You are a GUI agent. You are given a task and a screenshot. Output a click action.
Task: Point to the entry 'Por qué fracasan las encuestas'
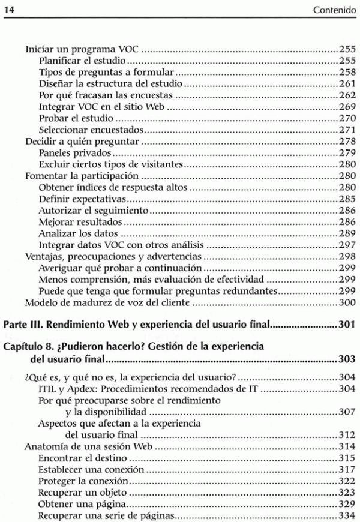106,95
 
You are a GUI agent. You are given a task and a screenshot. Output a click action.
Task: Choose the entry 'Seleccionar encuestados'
91,130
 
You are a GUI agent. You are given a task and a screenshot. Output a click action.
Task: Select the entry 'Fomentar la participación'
82,176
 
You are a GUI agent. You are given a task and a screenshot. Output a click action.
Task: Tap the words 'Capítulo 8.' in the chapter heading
31,348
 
